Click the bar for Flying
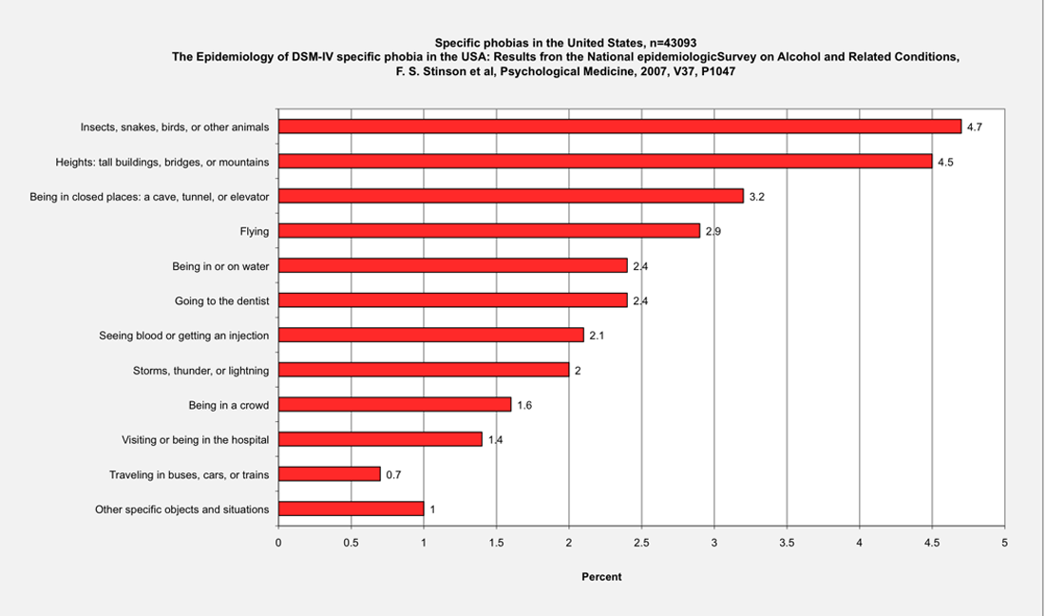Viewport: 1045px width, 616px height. (488, 231)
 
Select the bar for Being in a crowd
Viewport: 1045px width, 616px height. (394, 405)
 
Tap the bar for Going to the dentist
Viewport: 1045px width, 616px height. (452, 300)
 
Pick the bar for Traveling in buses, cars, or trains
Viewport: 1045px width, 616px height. (329, 473)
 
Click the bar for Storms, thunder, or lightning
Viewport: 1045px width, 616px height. (423, 370)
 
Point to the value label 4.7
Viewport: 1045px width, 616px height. (975, 126)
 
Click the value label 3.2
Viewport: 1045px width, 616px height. (757, 197)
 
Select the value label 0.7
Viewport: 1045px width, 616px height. (394, 474)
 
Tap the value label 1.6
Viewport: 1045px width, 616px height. (524, 405)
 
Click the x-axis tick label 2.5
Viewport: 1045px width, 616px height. (641, 542)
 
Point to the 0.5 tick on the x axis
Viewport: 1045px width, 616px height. (351, 542)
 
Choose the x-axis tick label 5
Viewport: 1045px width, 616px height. (1004, 542)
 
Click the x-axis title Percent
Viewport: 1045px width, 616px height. (601, 576)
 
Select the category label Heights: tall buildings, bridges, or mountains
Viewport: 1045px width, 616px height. (162, 162)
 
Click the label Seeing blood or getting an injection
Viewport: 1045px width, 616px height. (184, 336)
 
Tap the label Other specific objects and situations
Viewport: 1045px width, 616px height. (182, 510)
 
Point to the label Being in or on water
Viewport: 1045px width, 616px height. (220, 266)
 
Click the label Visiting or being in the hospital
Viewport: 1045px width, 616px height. (196, 440)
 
